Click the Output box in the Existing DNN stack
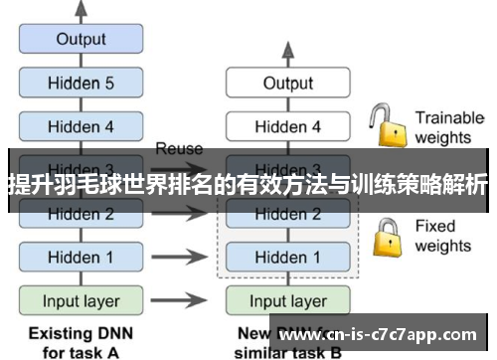[x=81, y=40]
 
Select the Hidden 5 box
[x=81, y=84]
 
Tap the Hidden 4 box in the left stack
[x=81, y=126]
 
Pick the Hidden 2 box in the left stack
[x=81, y=213]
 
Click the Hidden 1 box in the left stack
[x=81, y=257]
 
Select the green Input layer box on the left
[x=81, y=299]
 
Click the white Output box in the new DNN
[x=287, y=84]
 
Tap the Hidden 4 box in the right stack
[x=287, y=126]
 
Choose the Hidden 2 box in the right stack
[x=287, y=213]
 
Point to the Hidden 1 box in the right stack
[x=287, y=257]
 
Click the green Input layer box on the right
[x=287, y=299]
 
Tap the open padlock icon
[x=387, y=126]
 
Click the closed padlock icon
[x=387, y=237]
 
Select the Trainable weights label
[x=448, y=126]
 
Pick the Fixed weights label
[x=442, y=236]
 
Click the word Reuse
[x=179, y=149]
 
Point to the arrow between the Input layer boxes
[x=180, y=299]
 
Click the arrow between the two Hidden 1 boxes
[x=180, y=257]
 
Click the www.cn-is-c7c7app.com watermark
[x=379, y=335]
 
